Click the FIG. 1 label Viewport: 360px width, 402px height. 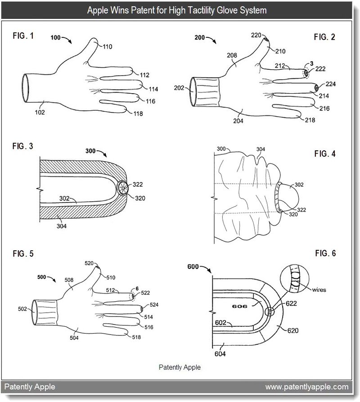(22, 35)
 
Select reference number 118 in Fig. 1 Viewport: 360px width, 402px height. (138, 114)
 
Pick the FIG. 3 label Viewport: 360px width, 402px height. (22, 146)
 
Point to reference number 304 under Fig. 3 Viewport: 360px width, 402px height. (62, 226)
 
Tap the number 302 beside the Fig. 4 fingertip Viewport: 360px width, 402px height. (299, 184)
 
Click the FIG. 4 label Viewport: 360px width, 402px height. (325, 154)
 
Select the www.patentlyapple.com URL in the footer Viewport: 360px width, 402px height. (306, 386)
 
